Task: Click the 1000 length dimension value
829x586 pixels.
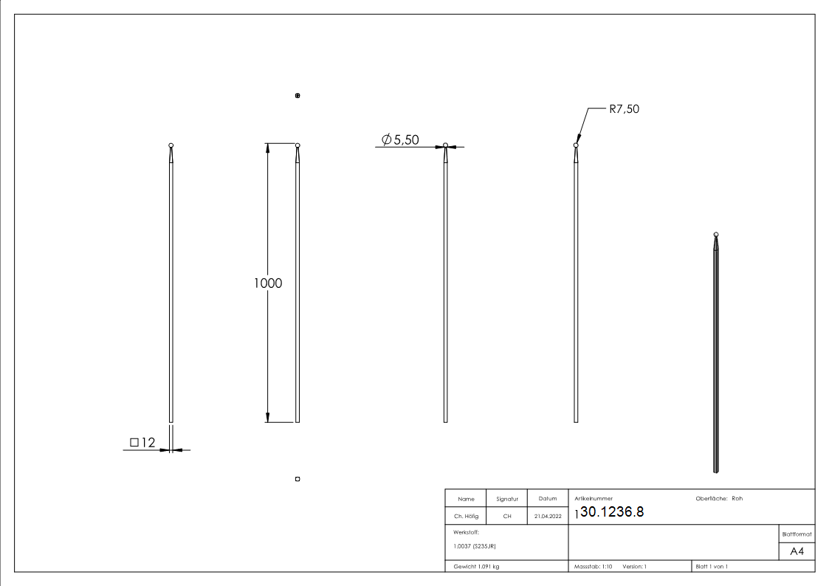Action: (x=268, y=283)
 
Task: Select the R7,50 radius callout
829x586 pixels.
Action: (x=624, y=108)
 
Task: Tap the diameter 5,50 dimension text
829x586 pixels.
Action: (x=401, y=140)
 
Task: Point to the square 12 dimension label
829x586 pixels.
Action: (x=142, y=442)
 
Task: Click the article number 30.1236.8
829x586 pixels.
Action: (x=613, y=513)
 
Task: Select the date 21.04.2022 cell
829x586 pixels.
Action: (x=548, y=517)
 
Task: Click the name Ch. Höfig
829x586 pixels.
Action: (x=465, y=517)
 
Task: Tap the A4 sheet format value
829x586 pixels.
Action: (x=797, y=551)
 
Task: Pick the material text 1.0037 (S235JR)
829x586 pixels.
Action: (x=474, y=545)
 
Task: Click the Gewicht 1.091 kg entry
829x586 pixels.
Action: (x=477, y=566)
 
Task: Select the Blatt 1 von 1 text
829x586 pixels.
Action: (x=712, y=566)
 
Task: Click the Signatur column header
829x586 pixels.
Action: (x=506, y=499)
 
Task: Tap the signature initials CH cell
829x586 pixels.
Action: (x=506, y=517)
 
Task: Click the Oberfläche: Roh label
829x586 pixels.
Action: (x=719, y=498)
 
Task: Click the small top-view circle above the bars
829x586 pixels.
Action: (x=297, y=96)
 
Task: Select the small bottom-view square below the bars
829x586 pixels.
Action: (x=297, y=479)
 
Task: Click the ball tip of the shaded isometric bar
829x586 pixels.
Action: (x=716, y=234)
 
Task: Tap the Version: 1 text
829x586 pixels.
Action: (x=635, y=566)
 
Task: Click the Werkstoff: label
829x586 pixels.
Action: (x=467, y=531)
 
